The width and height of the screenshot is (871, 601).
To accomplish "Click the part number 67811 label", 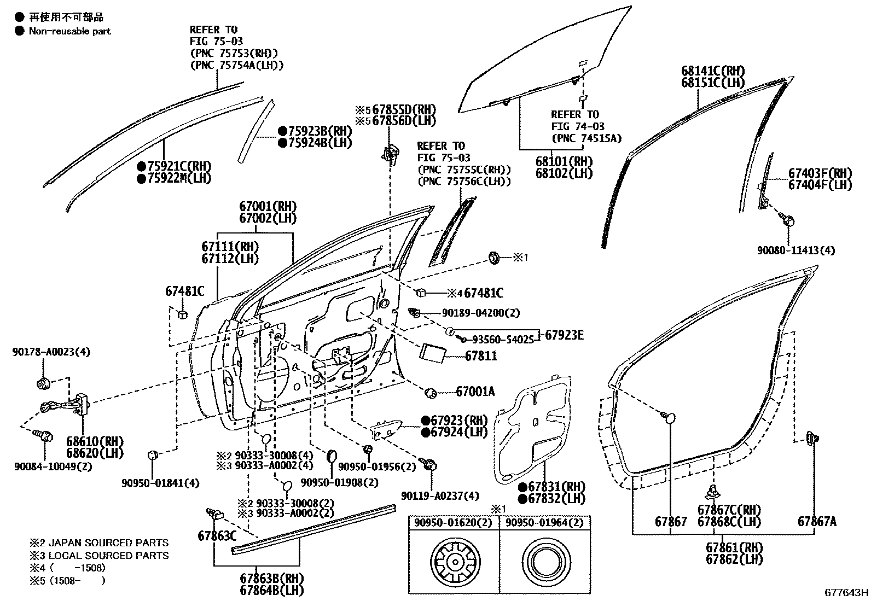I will click(481, 356).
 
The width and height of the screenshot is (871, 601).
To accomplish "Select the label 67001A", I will click(475, 392).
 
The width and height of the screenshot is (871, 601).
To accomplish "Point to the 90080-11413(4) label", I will click(796, 250).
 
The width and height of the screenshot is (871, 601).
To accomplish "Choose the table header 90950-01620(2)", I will click(454, 522).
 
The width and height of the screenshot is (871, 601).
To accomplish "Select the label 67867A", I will click(817, 521).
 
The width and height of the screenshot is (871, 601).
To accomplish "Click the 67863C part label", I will click(217, 536).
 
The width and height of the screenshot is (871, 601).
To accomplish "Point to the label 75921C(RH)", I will click(174, 166).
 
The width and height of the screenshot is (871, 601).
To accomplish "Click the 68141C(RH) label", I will click(713, 71).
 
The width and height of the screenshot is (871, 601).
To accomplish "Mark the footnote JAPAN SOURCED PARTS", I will click(98, 543).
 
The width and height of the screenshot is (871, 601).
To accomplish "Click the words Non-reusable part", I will click(69, 31).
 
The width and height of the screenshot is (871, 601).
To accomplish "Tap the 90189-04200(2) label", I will click(480, 313).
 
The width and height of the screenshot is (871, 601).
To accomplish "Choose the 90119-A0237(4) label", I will click(439, 495).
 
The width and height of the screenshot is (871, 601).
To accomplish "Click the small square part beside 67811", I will click(433, 353).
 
